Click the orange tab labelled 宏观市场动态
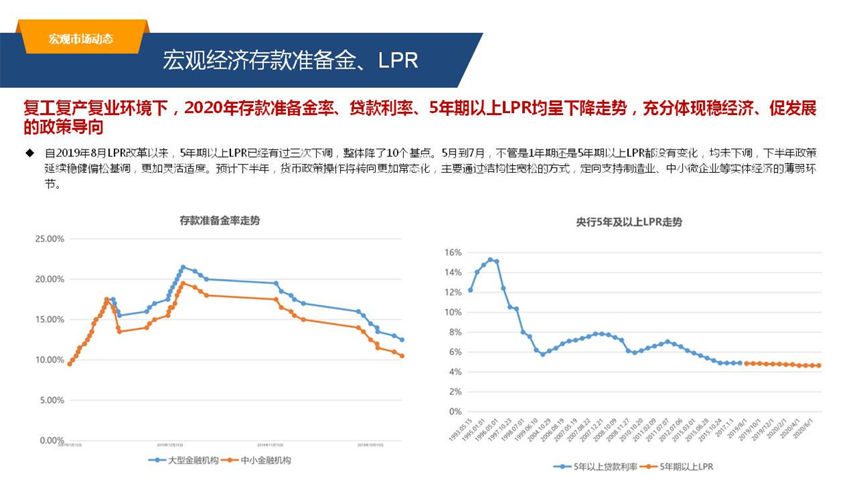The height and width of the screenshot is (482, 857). point(81,39)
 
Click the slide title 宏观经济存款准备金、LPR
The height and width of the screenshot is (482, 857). point(290,60)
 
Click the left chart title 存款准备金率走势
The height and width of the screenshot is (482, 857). point(219,221)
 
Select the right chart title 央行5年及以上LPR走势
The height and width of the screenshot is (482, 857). point(629,222)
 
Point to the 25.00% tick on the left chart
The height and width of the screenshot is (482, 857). point(49,239)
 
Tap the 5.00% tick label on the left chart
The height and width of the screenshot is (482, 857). point(51,400)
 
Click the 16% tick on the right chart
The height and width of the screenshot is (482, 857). point(452,252)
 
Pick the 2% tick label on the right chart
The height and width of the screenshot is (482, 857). point(455,392)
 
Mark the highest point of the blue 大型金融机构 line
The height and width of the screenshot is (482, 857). point(183,267)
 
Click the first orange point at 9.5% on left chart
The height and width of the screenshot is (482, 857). point(69,364)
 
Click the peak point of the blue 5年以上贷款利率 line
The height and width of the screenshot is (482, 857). point(490,260)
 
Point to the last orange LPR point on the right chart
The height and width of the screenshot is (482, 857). point(818,365)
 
